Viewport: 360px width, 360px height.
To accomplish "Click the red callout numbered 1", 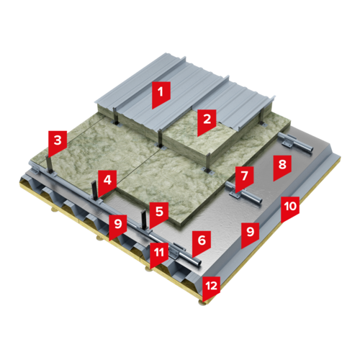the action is [161, 94].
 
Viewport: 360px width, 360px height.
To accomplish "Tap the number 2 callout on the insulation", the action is [207, 122].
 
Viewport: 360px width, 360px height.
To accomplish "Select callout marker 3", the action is [58, 143].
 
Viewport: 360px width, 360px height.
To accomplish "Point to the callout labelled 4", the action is [107, 182].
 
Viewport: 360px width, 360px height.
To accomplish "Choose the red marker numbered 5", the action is [159, 215].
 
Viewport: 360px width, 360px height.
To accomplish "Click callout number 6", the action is [202, 243].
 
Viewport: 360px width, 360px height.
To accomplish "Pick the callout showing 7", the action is [244, 179].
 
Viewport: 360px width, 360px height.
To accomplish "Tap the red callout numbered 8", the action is [282, 167].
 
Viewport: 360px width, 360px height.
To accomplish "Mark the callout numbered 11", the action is [159, 255].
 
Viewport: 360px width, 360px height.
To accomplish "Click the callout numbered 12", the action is [211, 288].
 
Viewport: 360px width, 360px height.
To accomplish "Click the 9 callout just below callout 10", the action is [250, 235].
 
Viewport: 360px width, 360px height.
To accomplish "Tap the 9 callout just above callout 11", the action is [118, 227].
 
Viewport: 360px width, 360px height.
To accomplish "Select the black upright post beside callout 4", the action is [94, 192].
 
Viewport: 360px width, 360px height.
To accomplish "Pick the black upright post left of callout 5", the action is [144, 220].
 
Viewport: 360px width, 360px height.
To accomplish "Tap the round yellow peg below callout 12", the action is [202, 303].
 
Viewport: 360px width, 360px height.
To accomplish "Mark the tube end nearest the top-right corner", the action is [311, 149].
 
